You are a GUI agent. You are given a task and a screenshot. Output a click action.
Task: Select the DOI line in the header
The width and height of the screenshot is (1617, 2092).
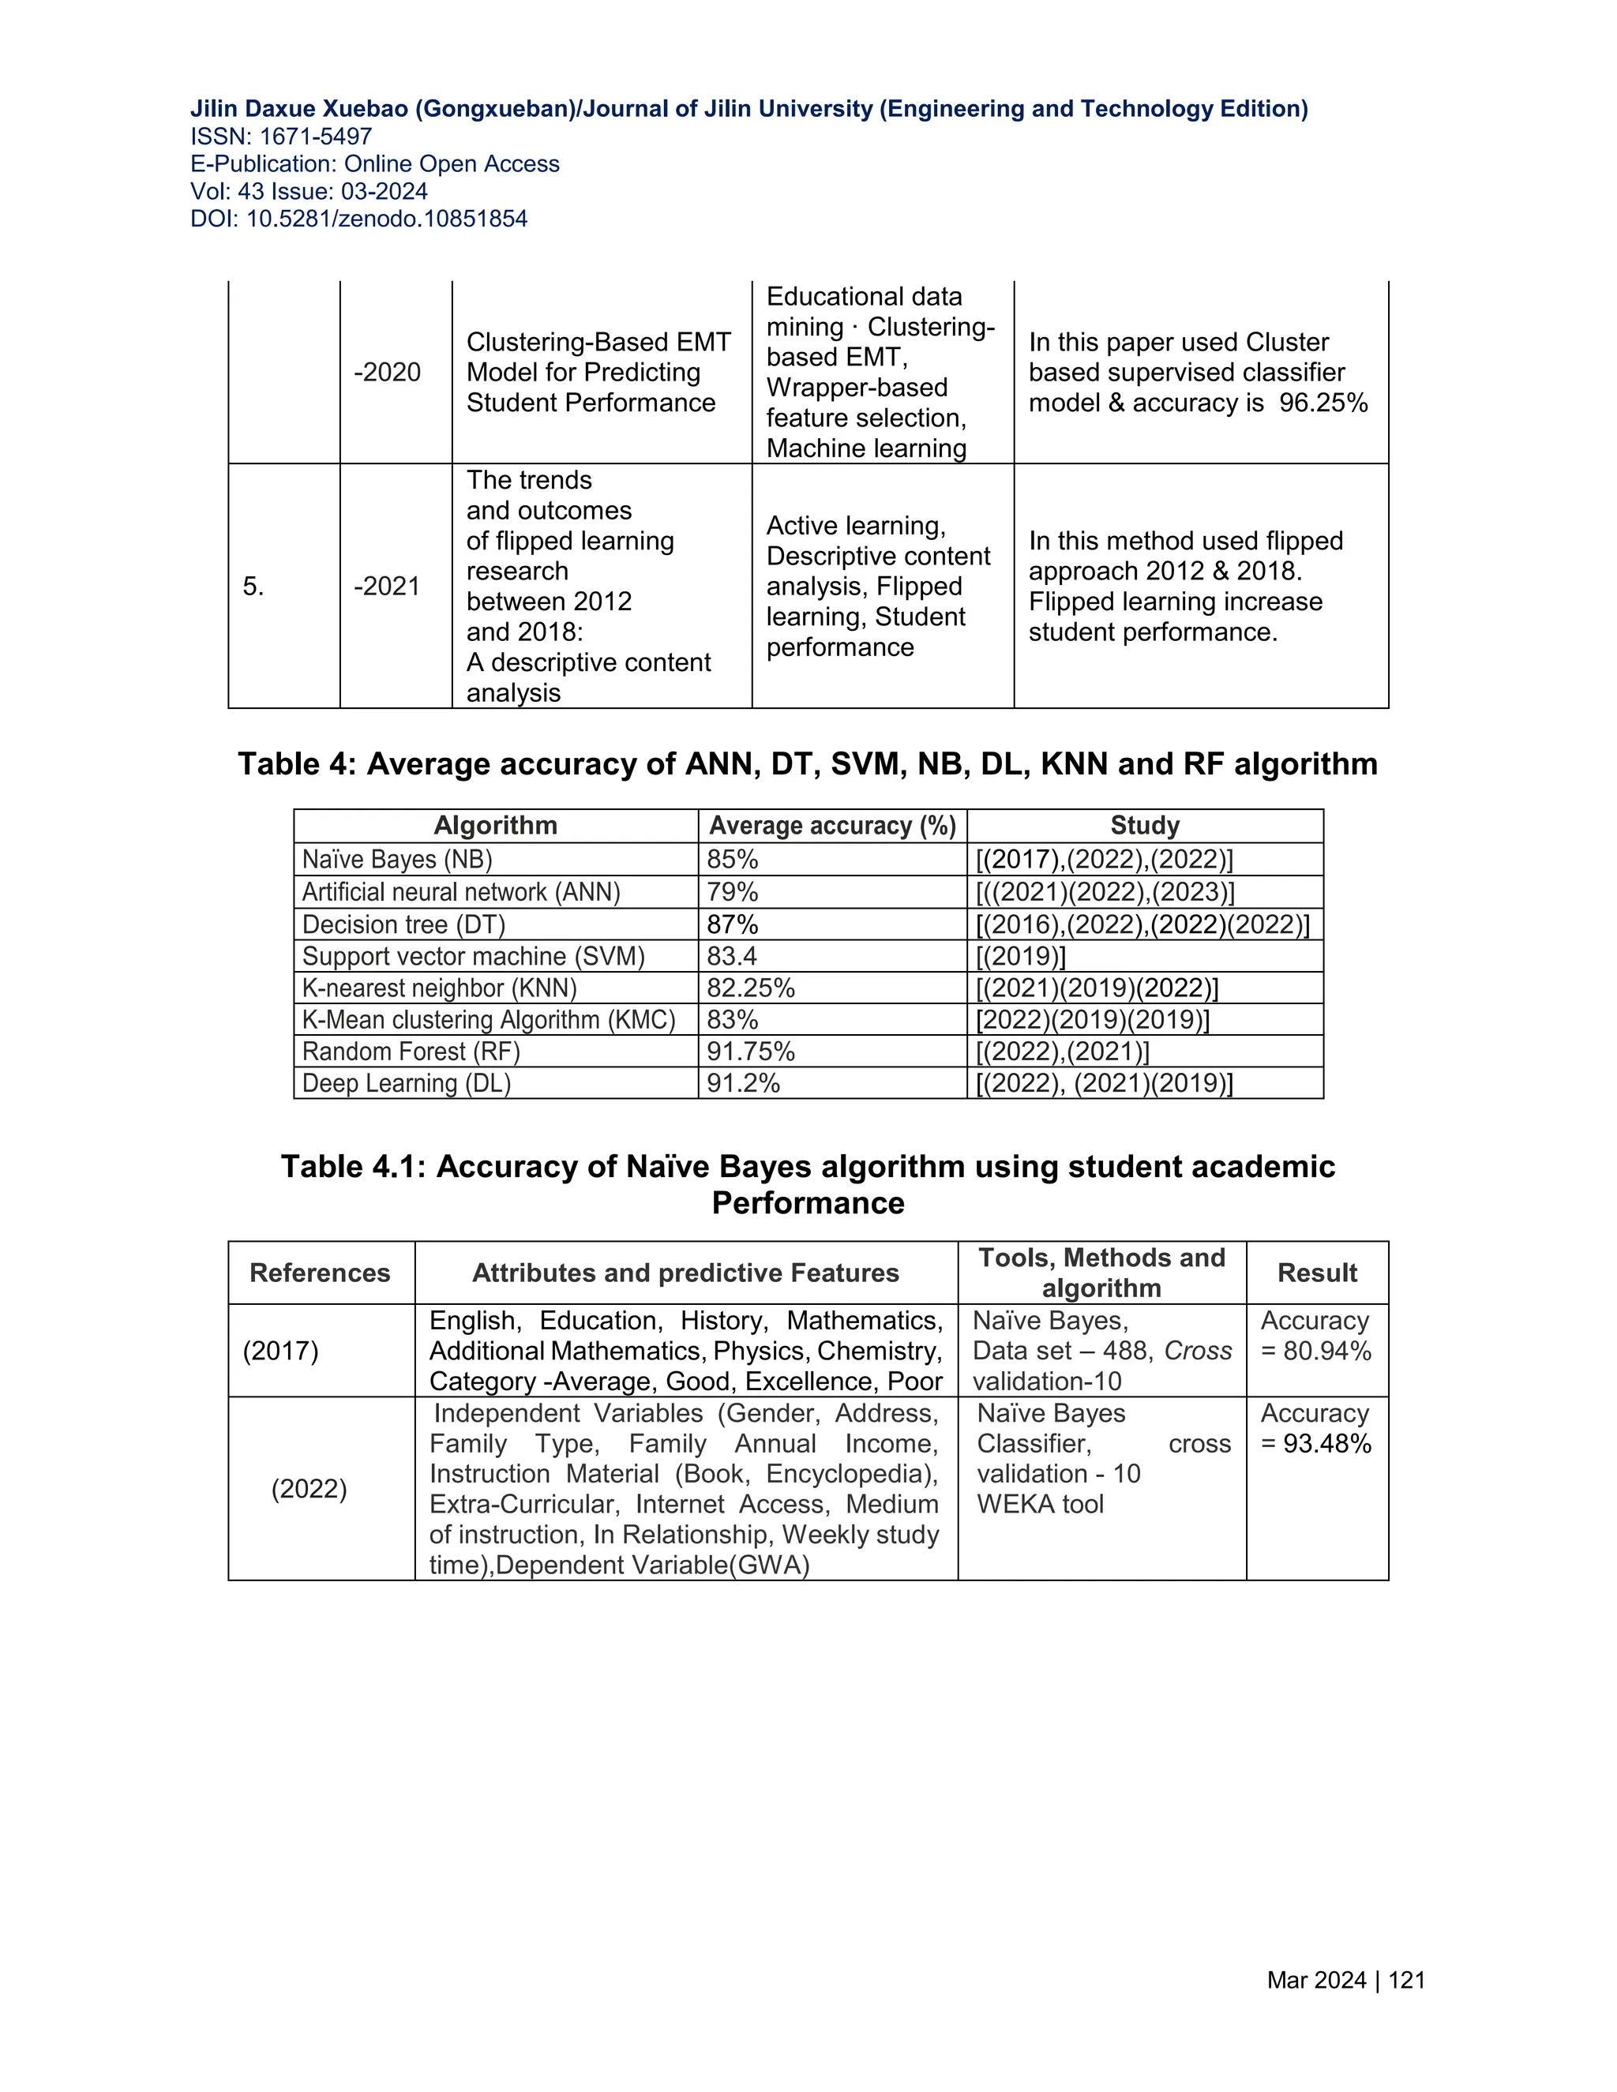[358, 219]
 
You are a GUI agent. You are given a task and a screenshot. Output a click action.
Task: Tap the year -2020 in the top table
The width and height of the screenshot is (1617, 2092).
[387, 372]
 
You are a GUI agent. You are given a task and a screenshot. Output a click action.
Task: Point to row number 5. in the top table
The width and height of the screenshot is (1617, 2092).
[253, 587]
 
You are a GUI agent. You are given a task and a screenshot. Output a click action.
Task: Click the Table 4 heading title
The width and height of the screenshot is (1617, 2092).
[808, 763]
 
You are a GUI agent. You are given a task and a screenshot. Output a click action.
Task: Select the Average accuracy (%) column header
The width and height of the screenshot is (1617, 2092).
[831, 826]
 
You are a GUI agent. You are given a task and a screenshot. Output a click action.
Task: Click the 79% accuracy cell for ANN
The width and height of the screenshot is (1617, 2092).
[732, 892]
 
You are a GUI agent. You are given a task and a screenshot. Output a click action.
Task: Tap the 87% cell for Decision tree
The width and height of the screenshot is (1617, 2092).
[732, 924]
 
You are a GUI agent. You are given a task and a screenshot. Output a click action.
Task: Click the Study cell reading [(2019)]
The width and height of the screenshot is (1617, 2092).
[1020, 956]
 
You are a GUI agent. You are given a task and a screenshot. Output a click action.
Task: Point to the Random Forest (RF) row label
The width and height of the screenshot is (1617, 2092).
[411, 1052]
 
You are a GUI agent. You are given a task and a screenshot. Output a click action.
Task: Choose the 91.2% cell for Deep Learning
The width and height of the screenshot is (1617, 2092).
[743, 1083]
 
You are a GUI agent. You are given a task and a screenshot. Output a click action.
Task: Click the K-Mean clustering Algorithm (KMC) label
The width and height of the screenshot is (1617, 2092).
[489, 1019]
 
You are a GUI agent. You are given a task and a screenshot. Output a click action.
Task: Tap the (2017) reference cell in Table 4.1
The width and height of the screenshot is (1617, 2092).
[280, 1351]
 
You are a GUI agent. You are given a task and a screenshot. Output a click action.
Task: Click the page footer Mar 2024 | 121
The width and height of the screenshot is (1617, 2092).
[1345, 1980]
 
